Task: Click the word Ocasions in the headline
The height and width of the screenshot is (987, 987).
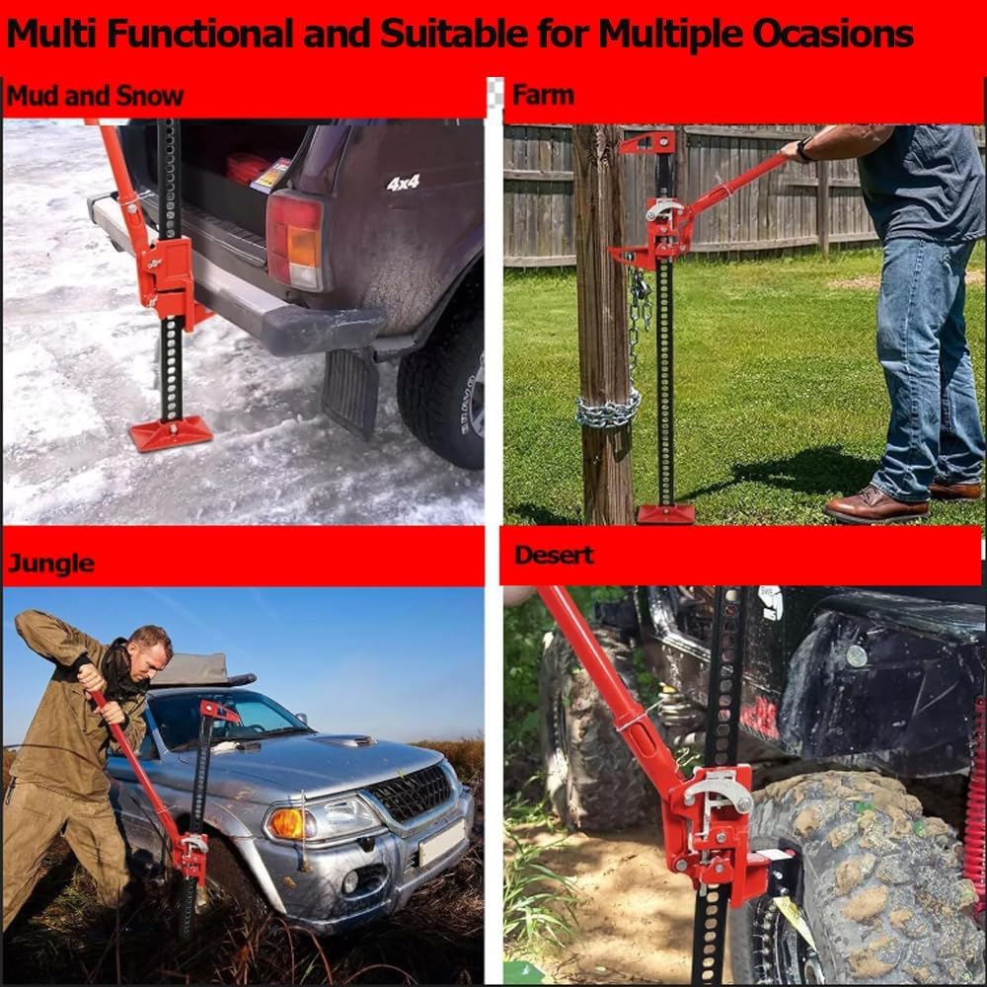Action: coord(833,34)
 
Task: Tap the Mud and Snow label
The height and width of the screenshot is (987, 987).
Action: coord(95,97)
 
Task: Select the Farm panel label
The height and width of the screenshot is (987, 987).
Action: coord(543,95)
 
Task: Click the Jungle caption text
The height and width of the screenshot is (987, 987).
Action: coord(51,563)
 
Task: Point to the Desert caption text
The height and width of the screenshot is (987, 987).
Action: coord(554,555)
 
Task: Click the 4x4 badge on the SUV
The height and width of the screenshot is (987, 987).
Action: coord(403,184)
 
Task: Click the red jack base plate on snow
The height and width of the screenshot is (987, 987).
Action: coord(171,435)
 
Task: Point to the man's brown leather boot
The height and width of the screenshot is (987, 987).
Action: coord(877,503)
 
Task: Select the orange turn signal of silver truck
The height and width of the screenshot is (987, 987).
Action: coord(286,823)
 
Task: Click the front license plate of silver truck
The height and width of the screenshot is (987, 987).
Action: coord(443,842)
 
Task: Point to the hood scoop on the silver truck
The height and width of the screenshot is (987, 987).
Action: coord(343,741)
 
